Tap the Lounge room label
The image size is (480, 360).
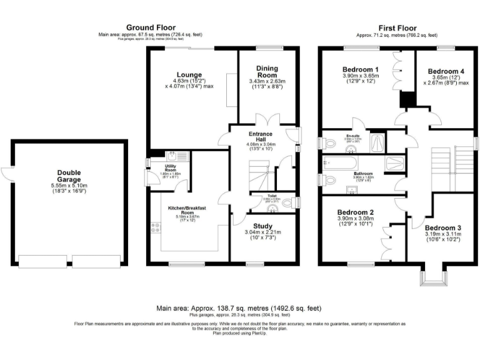(x=186, y=74)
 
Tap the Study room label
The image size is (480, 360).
(x=262, y=226)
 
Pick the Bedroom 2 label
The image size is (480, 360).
(x=354, y=212)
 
